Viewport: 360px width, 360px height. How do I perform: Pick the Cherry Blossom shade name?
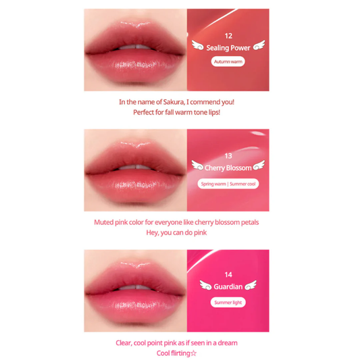(x=228, y=168)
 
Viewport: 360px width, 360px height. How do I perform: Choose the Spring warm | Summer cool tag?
(x=228, y=184)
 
